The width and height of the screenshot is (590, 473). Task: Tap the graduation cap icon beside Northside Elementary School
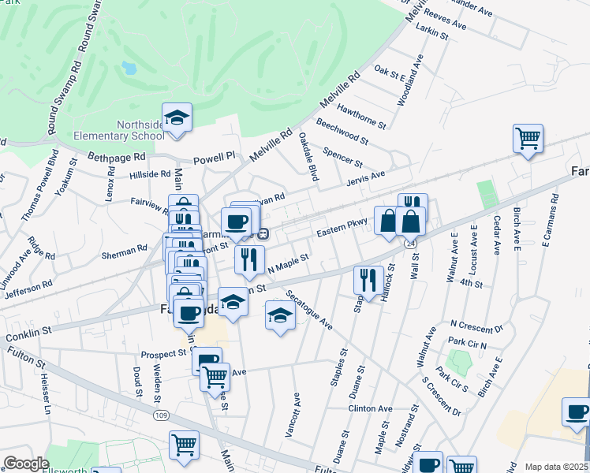pyautogui.click(x=177, y=119)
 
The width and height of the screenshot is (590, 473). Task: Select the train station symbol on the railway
pyautogui.click(x=264, y=233)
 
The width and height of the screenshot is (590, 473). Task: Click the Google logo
pyautogui.click(x=26, y=464)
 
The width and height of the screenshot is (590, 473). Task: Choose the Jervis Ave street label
pyautogui.click(x=365, y=178)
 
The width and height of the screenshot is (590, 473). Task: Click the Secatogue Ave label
pyautogui.click(x=310, y=310)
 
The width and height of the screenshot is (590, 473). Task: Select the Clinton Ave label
pyautogui.click(x=371, y=409)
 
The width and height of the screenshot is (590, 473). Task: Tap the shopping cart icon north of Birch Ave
pyautogui.click(x=527, y=140)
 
